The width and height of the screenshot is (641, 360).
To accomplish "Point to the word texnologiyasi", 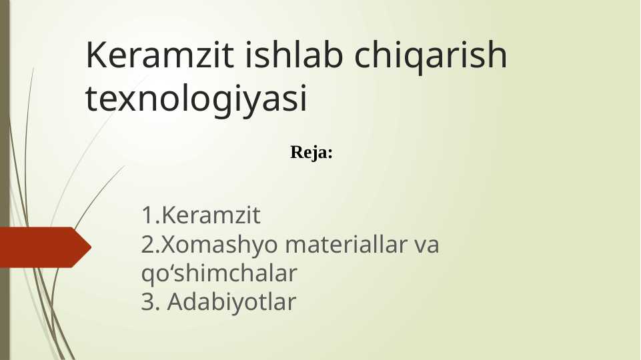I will (x=197, y=99).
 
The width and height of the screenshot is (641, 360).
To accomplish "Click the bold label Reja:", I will (x=311, y=153).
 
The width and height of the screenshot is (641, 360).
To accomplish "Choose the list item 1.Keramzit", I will (x=201, y=216).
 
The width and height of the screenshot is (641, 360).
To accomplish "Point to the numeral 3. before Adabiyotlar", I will (x=151, y=303).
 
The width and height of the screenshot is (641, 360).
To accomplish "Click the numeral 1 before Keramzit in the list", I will (x=146, y=216).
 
